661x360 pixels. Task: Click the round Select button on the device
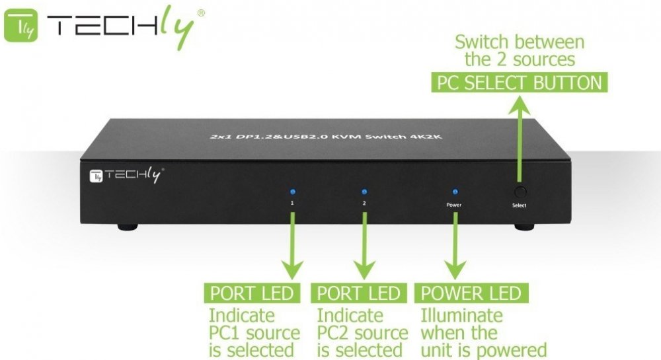pyautogui.click(x=520, y=192)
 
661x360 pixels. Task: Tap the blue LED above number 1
pyautogui.click(x=292, y=192)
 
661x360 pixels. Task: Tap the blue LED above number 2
pyautogui.click(x=364, y=192)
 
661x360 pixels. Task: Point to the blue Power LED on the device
pyautogui.click(x=453, y=192)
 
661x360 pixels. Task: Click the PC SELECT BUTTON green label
pyautogui.click(x=519, y=83)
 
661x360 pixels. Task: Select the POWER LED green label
pyautogui.click(x=471, y=293)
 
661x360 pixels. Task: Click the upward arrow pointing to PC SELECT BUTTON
pyautogui.click(x=519, y=139)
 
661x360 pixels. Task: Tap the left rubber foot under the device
pyautogui.click(x=128, y=227)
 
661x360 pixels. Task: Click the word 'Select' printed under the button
pyautogui.click(x=519, y=205)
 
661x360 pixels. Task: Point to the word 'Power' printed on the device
pyautogui.click(x=453, y=205)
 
